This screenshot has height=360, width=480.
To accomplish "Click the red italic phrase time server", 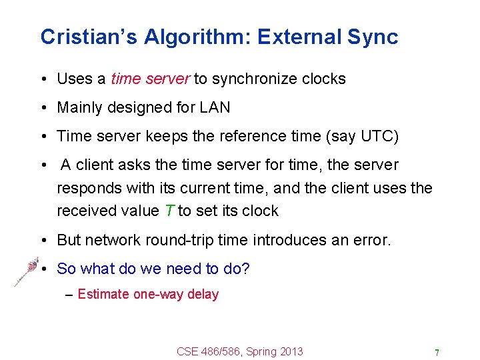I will click(150, 79).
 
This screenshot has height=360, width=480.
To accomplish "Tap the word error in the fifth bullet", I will click(369, 240).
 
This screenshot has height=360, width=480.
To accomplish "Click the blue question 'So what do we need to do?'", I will click(153, 269).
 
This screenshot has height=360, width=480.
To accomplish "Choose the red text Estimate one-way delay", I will click(148, 294).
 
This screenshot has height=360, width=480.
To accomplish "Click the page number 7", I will click(437, 352).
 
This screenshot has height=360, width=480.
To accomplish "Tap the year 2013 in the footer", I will click(291, 351).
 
